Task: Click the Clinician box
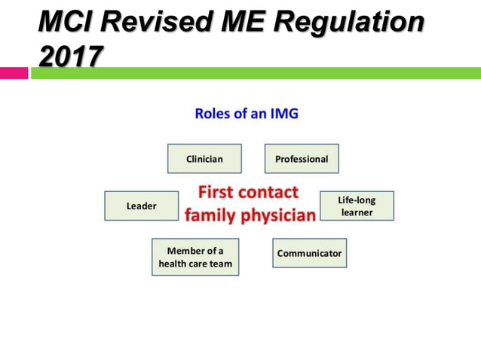[204, 159]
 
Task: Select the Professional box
[302, 159]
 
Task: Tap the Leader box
[141, 206]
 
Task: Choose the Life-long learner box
[356, 206]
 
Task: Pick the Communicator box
[309, 253]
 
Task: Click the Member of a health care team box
[195, 257]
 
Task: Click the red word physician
[277, 215]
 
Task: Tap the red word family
[210, 215]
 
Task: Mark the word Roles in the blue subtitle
[213, 114]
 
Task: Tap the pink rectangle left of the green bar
[14, 73]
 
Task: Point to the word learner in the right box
[357, 212]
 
